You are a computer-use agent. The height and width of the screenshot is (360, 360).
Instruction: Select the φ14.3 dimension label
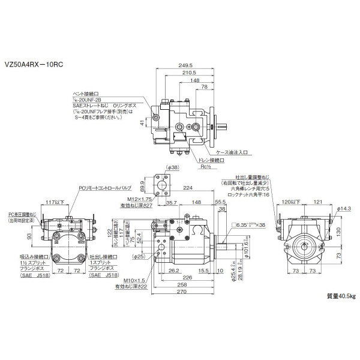tap(344, 208)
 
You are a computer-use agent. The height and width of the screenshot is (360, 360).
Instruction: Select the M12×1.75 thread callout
tap(133, 199)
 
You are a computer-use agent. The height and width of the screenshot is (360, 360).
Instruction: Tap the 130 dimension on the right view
tap(338, 230)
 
